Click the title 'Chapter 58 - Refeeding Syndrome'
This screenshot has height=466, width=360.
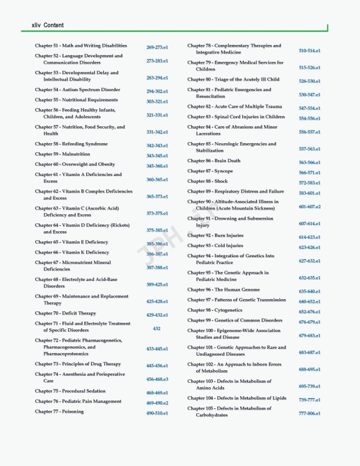[x=71, y=144]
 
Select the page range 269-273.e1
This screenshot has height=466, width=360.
[x=157, y=47]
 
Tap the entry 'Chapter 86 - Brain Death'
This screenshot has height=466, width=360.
[x=214, y=161]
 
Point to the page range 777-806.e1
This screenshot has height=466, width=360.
[x=310, y=413]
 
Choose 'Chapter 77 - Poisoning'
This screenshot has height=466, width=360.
[x=59, y=411]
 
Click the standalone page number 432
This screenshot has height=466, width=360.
[x=157, y=328]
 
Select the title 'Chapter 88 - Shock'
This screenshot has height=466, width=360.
[x=208, y=181]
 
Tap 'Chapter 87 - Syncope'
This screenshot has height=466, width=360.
[x=211, y=171]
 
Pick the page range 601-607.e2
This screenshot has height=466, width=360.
[x=310, y=207]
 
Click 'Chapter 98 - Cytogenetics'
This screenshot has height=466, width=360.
[x=217, y=310]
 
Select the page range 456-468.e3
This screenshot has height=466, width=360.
[x=157, y=379]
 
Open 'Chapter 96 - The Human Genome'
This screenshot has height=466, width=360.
[x=223, y=290]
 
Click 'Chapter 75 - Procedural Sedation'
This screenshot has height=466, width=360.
[x=70, y=391]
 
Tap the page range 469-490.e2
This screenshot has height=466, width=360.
[x=157, y=403]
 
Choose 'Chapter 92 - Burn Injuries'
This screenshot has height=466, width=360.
[x=216, y=235]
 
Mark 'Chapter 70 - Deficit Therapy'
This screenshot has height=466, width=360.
[x=66, y=314]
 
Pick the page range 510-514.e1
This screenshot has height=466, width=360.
[x=310, y=51]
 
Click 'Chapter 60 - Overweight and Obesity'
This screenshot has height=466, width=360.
[x=75, y=164]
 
